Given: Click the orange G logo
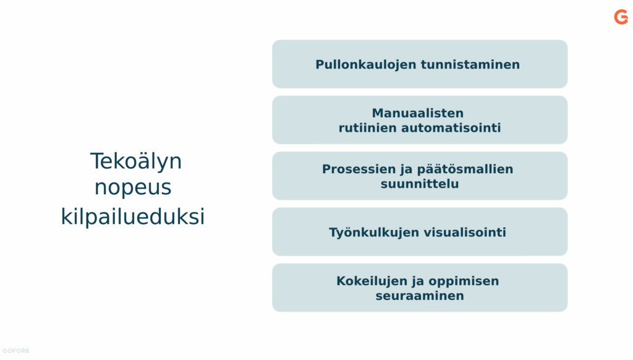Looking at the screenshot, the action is coord(621,17).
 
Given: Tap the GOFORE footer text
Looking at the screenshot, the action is coord(15,351).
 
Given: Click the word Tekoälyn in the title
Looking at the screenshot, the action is coord(136,161).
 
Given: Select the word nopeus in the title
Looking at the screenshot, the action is coord(133,187).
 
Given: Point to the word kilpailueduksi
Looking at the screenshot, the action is coord(133,216).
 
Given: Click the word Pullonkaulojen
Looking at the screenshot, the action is coord(366,65).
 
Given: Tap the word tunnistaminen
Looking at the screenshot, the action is coord(470,65).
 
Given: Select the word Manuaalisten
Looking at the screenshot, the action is coord(417,113).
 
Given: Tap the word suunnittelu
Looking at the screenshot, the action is coord(420,184).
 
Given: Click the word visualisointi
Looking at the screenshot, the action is coord(459,233).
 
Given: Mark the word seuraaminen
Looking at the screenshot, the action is coord(420,296).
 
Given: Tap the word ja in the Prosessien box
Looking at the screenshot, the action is coord(407,169).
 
